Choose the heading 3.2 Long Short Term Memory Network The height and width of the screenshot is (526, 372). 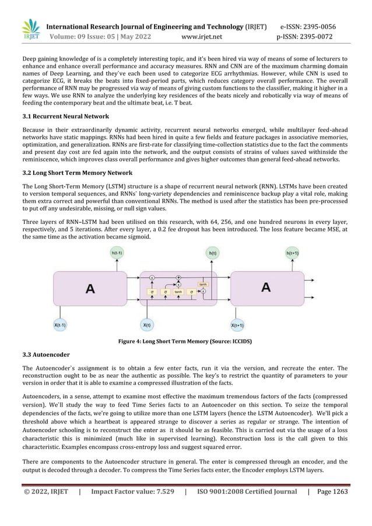[77, 173]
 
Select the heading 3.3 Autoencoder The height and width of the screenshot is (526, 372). [46, 354]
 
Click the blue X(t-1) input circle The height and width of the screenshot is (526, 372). [60, 324]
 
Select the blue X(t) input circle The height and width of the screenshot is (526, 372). [148, 324]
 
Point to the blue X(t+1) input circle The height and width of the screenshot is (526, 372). [237, 325]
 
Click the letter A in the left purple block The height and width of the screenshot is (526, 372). [90, 287]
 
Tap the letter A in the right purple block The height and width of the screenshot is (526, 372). [266, 287]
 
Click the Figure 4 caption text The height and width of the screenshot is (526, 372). [185, 342]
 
